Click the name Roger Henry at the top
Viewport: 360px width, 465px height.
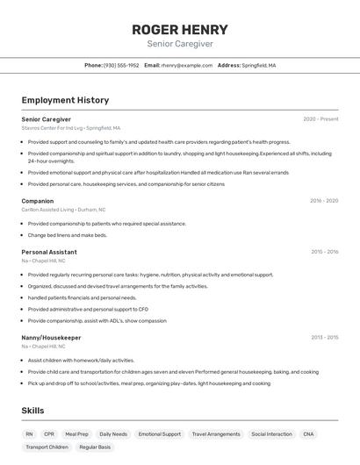click(180, 29)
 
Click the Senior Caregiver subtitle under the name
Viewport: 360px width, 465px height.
click(180, 44)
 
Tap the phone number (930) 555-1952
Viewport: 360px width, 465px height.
click(121, 66)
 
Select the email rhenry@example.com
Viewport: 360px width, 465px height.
click(187, 66)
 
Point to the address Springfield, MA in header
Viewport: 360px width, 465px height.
click(259, 66)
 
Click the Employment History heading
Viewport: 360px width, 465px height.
click(65, 100)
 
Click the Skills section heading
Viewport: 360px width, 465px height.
click(32, 411)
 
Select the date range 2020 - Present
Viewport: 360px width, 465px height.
click(320, 119)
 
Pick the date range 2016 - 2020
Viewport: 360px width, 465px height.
click(324, 201)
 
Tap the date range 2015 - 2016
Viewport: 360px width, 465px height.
click(324, 252)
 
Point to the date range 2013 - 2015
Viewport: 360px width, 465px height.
click(324, 338)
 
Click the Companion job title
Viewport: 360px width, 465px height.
click(38, 201)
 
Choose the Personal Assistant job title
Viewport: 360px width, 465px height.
click(49, 252)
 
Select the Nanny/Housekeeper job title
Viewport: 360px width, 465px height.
click(51, 338)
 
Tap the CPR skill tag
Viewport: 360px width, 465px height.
click(49, 434)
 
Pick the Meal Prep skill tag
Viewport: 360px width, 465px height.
click(77, 434)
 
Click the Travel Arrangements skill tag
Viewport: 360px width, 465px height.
click(216, 434)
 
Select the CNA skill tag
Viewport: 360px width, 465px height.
click(308, 434)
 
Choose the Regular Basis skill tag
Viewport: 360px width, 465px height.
click(95, 447)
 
